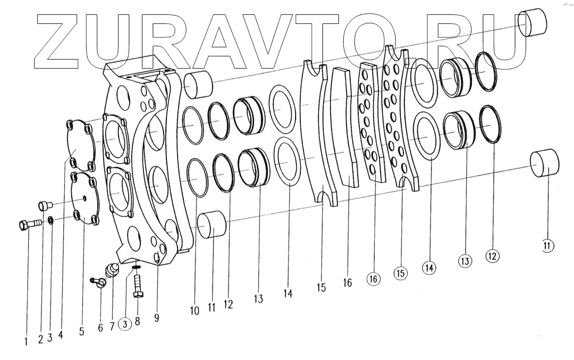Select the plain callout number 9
coord(157,317)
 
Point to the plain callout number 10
coord(195,311)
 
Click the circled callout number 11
coord(548,246)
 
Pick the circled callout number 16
coord(374,279)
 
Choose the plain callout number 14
coord(288,292)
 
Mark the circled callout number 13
coord(465,261)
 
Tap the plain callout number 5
coord(81,331)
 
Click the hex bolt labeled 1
coord(29,224)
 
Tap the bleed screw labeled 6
coord(99,282)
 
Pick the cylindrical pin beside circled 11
coord(544,163)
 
